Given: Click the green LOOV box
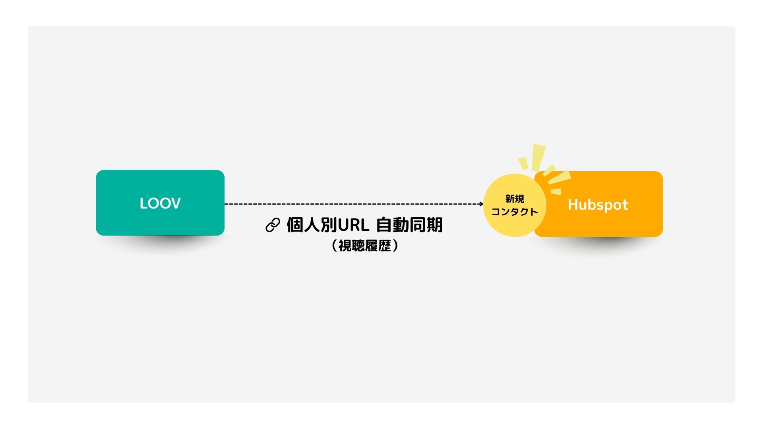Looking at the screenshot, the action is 160,203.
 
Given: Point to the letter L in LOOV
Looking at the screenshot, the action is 143,203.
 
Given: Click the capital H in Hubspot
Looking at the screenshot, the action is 573,205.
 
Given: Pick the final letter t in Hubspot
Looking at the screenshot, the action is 625,205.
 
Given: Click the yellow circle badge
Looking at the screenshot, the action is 515,205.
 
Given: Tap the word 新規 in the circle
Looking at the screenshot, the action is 515,199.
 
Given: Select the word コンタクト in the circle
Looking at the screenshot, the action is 515,212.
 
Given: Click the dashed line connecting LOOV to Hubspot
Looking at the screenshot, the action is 354,204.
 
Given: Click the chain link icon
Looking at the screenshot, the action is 273,225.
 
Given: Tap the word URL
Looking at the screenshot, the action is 354,225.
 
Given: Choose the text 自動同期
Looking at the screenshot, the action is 409,225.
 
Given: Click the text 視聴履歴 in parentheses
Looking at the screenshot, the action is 365,245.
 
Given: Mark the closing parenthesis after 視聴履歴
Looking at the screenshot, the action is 395,245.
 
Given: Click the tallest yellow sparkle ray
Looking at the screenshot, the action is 539,157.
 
